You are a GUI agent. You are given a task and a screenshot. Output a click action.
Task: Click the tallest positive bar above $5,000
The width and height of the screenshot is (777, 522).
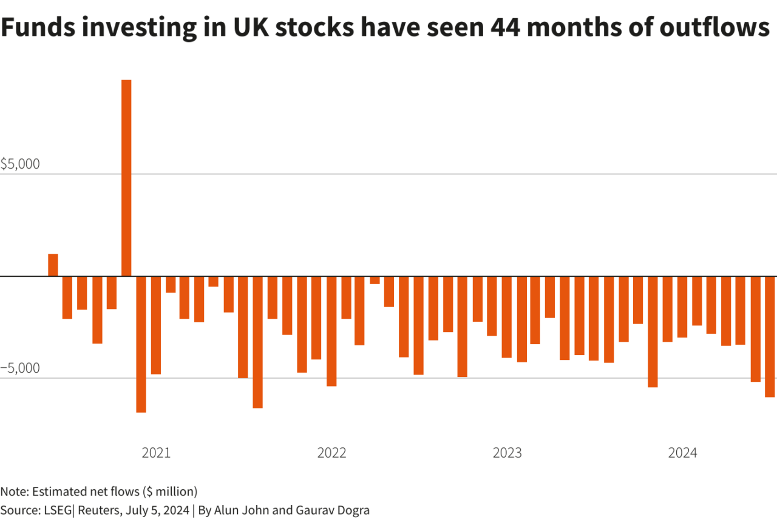126,177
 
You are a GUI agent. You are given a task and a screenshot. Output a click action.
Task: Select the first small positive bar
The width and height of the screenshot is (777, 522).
53,265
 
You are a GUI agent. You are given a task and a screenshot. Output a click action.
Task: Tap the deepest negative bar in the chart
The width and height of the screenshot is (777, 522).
141,344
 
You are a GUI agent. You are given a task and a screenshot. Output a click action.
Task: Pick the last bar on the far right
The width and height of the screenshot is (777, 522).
770,336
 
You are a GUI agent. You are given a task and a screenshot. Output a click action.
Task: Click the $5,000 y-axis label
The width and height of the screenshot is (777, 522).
20,164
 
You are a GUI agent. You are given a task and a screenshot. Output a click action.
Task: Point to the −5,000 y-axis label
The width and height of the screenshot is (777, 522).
20,368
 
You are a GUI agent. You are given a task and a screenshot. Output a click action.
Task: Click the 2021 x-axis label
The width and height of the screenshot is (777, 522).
156,453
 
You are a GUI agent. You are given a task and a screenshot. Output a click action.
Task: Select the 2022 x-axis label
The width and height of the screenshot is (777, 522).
331,453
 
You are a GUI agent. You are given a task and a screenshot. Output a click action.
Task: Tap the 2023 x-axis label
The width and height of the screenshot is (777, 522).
507,453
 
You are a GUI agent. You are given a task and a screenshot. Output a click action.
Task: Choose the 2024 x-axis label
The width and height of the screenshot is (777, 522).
682,453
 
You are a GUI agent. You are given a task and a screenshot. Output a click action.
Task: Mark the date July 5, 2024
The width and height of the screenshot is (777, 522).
157,510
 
